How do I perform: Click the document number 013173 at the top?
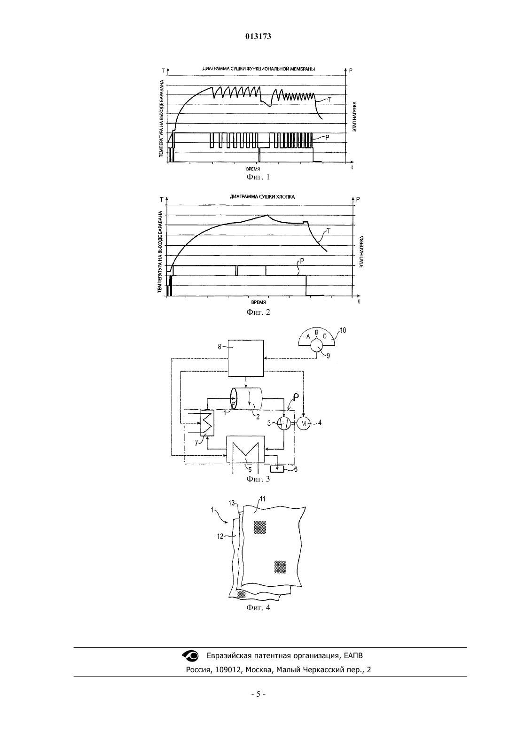point(258,36)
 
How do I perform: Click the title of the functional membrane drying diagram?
point(258,69)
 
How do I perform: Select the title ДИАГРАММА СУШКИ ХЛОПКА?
point(262,197)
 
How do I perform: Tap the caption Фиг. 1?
point(258,177)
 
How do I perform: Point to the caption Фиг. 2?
point(258,312)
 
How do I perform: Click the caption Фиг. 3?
point(258,479)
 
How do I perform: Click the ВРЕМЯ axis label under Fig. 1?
point(253,169)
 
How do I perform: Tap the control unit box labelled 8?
point(246,358)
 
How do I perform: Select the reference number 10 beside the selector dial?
point(343,330)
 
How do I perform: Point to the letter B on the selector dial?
point(316,332)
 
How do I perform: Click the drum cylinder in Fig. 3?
point(246,398)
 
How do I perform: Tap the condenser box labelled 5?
point(246,450)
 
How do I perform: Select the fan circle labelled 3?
point(283,424)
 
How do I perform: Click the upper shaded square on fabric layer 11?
point(260,528)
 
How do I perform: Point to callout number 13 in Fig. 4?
point(232,503)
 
